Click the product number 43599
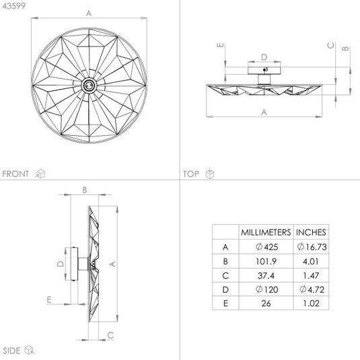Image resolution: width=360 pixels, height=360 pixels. click(13, 6)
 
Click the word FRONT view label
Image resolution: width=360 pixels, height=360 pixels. click(15, 174)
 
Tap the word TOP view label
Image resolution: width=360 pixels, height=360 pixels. click(191, 174)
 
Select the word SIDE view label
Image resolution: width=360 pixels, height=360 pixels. click(11, 351)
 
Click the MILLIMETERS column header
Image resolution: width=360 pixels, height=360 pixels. click(266, 232)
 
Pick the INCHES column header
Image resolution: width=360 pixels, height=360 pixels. click(311, 232)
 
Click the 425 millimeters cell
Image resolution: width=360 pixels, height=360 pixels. click(266, 247)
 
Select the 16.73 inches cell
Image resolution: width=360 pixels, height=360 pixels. click(312, 247)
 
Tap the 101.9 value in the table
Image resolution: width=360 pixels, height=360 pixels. click(266, 261)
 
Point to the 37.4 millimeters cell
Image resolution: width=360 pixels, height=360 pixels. click(266, 275)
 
